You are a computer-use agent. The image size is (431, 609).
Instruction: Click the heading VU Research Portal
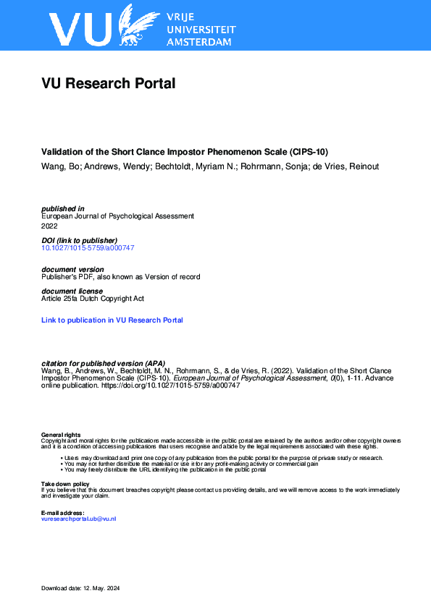pyautogui.click(x=109, y=84)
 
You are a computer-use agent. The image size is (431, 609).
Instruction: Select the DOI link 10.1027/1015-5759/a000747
pyautogui.click(x=88, y=248)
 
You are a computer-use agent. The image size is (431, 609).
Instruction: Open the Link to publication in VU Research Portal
pyautogui.click(x=112, y=320)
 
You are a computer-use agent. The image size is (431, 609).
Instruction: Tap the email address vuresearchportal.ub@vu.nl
pyautogui.click(x=79, y=519)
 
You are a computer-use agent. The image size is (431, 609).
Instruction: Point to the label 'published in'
pyautogui.click(x=63, y=208)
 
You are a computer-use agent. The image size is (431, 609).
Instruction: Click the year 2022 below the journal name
pyautogui.click(x=50, y=225)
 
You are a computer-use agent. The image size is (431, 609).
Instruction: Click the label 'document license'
pyautogui.click(x=72, y=291)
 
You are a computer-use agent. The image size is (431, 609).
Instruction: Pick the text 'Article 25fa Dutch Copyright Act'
pyautogui.click(x=92, y=298)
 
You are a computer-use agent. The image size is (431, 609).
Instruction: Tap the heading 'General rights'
pyautogui.click(x=61, y=435)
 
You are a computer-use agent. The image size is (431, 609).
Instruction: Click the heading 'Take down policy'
pyautogui.click(x=65, y=484)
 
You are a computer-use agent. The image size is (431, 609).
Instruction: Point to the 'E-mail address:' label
pyautogui.click(x=63, y=513)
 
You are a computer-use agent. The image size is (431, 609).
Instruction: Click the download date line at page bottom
pyautogui.click(x=80, y=588)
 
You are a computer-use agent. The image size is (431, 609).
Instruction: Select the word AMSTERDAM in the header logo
pyautogui.click(x=199, y=42)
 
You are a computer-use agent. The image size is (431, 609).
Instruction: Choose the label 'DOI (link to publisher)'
pyautogui.click(x=79, y=240)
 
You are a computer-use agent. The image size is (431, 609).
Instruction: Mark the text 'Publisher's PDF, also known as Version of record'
pyautogui.click(x=121, y=276)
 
